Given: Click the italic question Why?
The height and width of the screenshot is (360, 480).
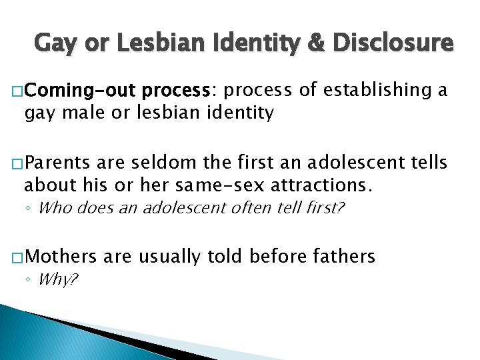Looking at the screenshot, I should coord(59,279).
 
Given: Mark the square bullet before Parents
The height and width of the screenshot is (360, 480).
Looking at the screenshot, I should coord(19,162).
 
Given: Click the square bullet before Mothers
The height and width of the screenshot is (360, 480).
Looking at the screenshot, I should coord(19,257).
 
